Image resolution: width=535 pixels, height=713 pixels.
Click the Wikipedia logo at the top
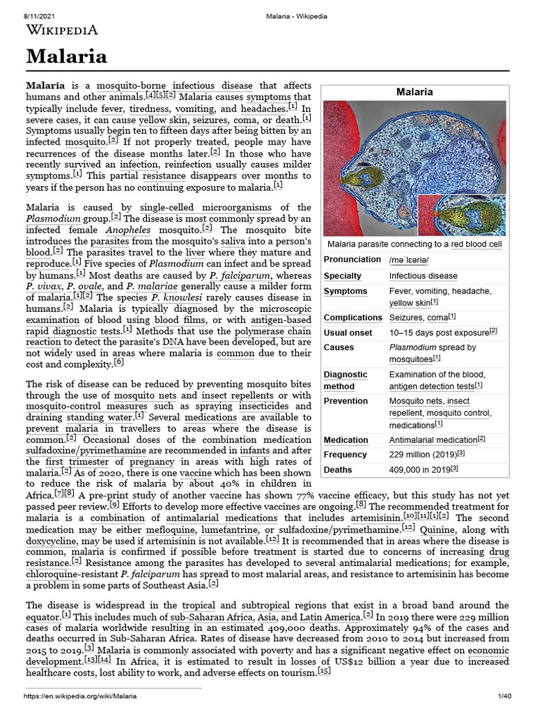(61, 29)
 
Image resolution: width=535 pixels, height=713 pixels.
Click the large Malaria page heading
(67, 56)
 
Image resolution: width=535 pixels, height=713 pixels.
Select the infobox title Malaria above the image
(414, 92)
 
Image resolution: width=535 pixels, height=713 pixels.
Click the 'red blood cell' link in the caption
(475, 244)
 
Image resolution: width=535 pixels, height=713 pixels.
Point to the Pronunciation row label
(352, 260)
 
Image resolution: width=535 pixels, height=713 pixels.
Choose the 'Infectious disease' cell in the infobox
(423, 276)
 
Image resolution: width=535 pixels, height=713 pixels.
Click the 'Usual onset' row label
(348, 332)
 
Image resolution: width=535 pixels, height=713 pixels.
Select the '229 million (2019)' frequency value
(422, 455)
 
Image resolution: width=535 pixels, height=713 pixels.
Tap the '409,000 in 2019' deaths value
(423, 469)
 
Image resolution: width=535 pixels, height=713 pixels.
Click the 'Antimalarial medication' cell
(433, 440)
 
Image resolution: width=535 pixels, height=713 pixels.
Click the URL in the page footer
(81, 696)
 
